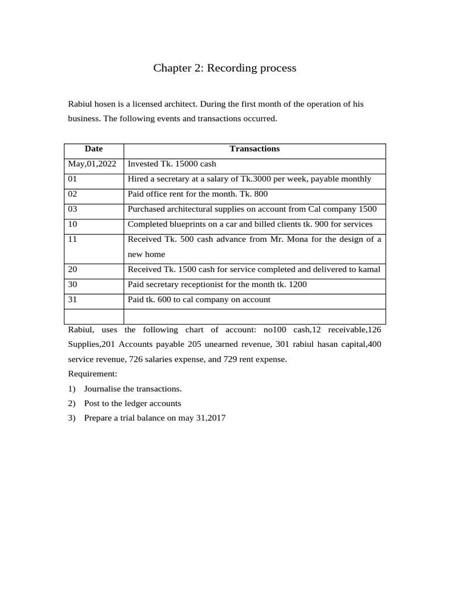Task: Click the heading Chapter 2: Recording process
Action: [224, 68]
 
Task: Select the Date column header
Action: [93, 149]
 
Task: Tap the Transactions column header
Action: [254, 149]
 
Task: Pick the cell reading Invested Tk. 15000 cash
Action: [172, 164]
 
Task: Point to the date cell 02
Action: [73, 194]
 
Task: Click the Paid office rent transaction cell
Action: [197, 194]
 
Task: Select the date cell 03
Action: [73, 209]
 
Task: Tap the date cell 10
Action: [73, 224]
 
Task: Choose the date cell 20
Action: [73, 269]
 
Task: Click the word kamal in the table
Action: [369, 269]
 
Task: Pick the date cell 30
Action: [73, 285]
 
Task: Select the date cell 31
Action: [73, 300]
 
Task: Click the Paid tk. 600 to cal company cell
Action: [199, 300]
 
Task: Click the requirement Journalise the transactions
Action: [132, 389]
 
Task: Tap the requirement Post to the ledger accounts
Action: [132, 403]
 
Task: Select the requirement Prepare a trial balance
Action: [155, 418]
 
